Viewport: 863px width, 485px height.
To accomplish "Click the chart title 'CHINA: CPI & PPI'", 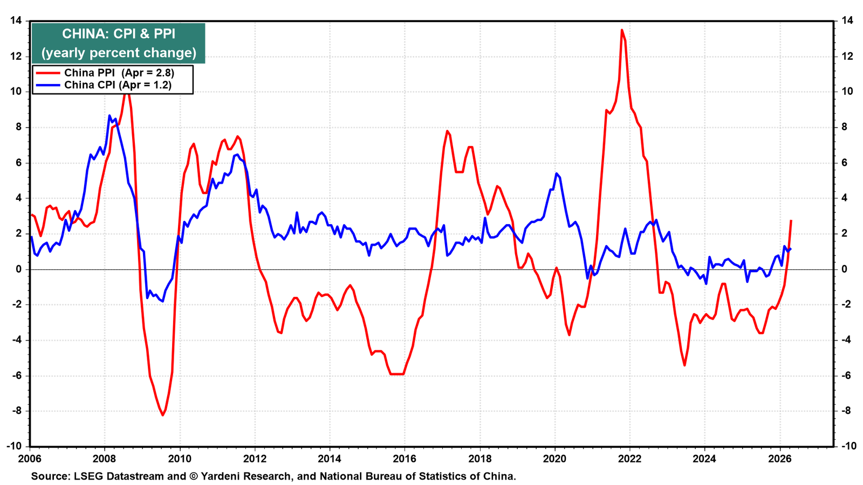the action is pyautogui.click(x=119, y=34).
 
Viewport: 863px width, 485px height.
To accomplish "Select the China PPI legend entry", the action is pyautogui.click(x=104, y=73).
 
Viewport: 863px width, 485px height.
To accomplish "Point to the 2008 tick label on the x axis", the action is pyautogui.click(x=105, y=459).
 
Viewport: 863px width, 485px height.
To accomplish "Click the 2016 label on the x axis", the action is pyautogui.click(x=405, y=459).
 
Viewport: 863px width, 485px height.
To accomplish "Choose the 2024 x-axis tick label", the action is pyautogui.click(x=704, y=459).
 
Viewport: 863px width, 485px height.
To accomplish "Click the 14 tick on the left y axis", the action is pyautogui.click(x=16, y=21).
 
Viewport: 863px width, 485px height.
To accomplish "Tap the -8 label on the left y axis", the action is pyautogui.click(x=17, y=411).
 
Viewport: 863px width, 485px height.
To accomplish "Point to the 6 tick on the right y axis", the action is pyautogui.click(x=844, y=163).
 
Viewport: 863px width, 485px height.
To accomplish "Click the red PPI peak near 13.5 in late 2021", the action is pyautogui.click(x=622, y=30).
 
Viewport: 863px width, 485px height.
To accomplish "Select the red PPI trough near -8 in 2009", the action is pyautogui.click(x=162, y=415).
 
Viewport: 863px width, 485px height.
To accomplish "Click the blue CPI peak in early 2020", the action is pyautogui.click(x=556, y=174).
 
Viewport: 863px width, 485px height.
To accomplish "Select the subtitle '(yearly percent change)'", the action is pyautogui.click(x=119, y=53).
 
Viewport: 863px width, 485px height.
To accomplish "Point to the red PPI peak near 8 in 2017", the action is pyautogui.click(x=447, y=131).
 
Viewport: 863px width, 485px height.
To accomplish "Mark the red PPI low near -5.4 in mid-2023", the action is pyautogui.click(x=684, y=365).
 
